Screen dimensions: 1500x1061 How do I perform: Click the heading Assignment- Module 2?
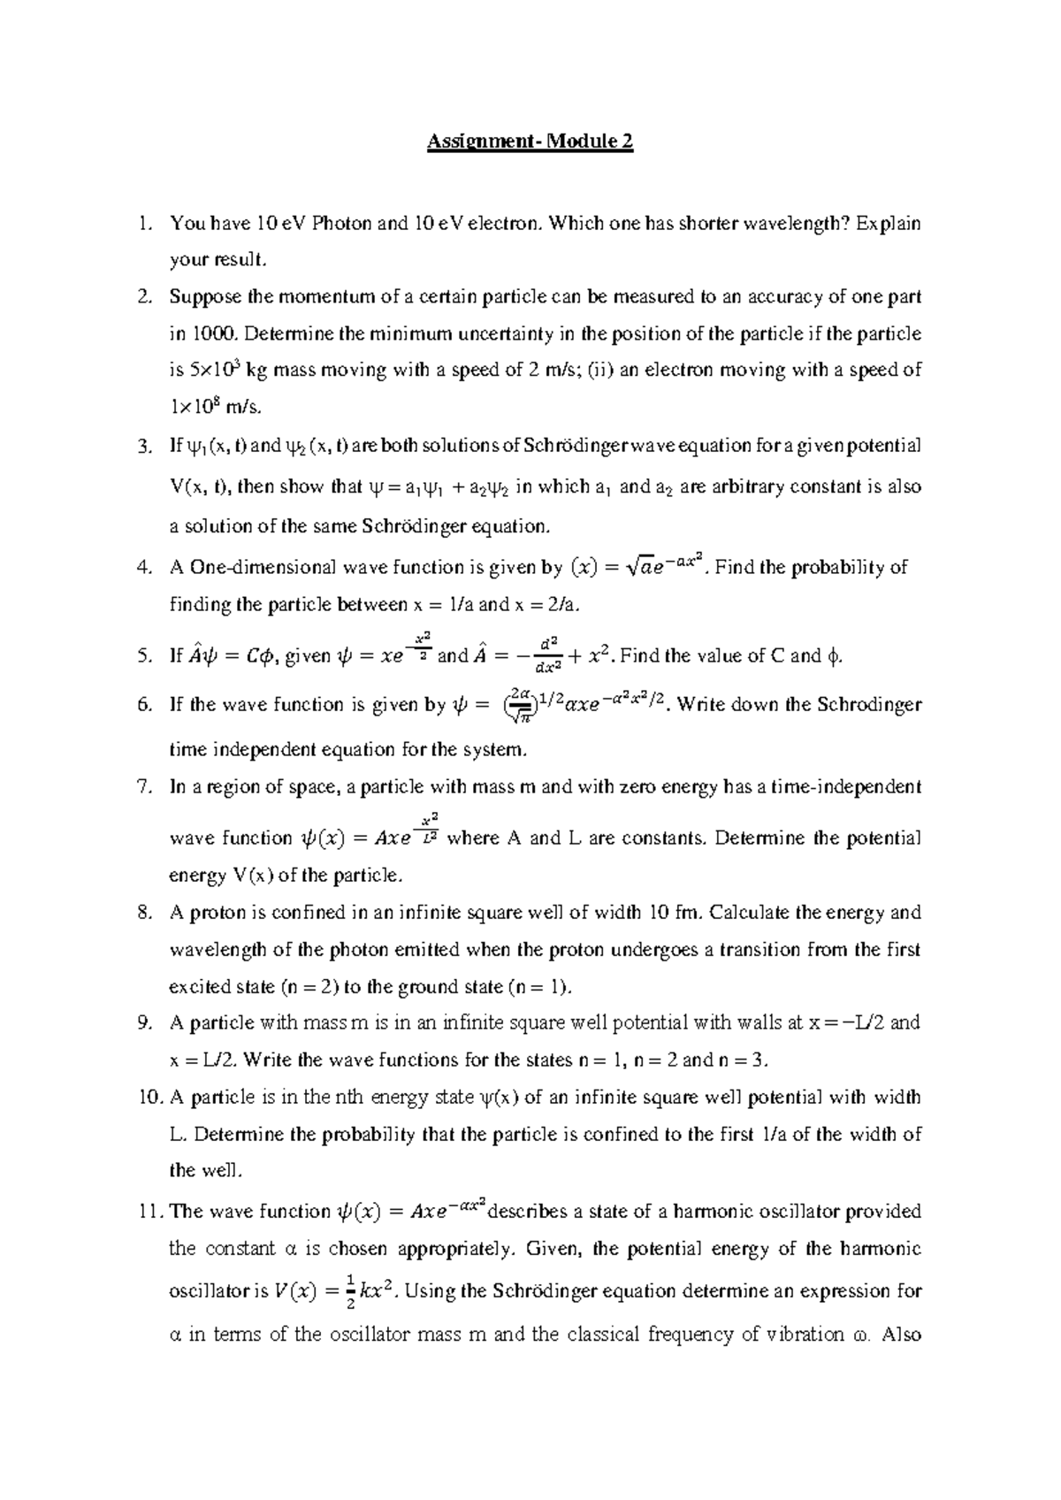click(530, 142)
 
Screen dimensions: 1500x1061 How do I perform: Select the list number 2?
click(145, 297)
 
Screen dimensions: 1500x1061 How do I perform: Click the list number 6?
click(145, 705)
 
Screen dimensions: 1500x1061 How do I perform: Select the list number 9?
click(145, 1023)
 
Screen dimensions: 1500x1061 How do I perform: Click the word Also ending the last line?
click(901, 1335)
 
